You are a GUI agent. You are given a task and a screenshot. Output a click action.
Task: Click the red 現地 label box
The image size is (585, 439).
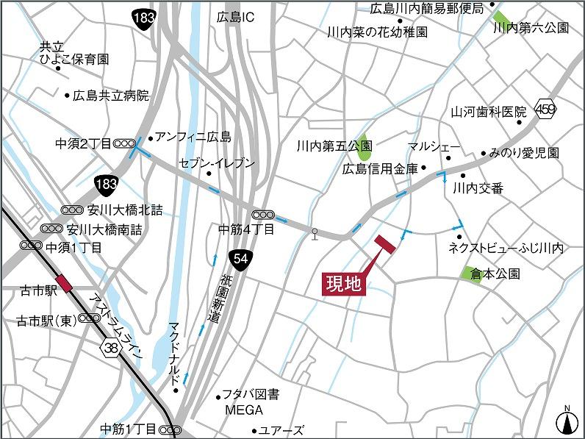click(x=344, y=283)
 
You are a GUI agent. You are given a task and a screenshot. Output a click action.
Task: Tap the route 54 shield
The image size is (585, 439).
click(x=240, y=258)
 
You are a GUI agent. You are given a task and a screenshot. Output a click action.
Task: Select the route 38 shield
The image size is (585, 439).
click(x=112, y=346)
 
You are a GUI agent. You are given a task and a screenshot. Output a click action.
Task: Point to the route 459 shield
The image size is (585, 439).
click(x=546, y=109)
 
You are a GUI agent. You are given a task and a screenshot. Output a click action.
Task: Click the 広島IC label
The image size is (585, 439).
click(x=235, y=16)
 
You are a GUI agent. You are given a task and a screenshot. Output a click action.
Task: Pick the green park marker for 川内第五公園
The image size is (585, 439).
click(x=363, y=152)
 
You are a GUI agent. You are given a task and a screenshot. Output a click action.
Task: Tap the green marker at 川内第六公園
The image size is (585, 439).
click(x=502, y=18)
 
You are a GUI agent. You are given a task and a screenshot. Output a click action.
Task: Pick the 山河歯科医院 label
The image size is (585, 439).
click(x=489, y=113)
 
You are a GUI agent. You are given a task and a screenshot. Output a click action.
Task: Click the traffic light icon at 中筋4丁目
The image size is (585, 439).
click(x=264, y=214)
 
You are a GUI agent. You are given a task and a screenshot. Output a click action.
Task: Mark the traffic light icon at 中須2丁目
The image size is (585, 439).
click(x=124, y=143)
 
